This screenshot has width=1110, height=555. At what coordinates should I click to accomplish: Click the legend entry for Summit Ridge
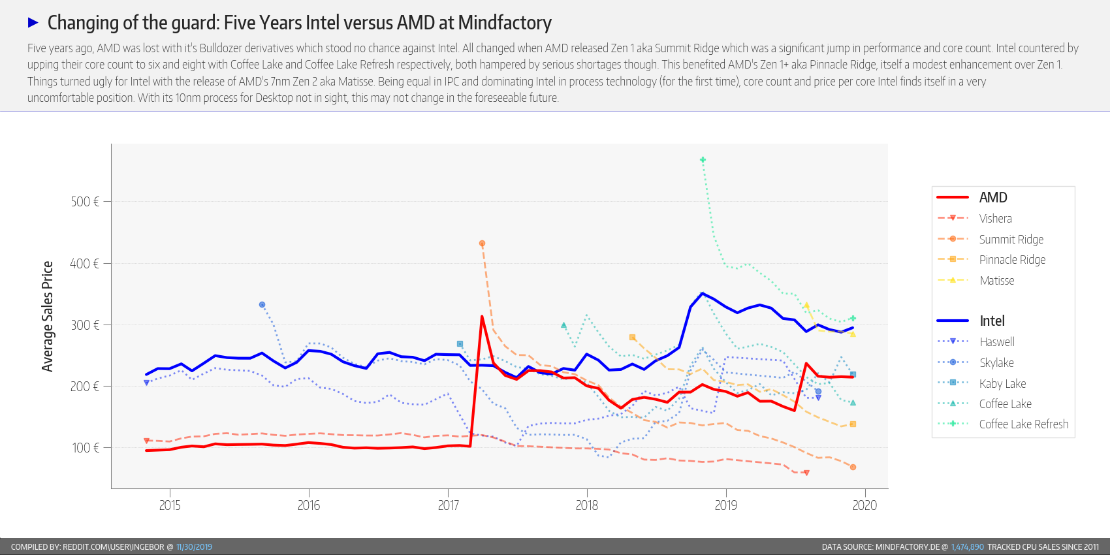point(1011,239)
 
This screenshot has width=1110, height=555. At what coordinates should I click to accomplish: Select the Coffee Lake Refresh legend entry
point(1023,424)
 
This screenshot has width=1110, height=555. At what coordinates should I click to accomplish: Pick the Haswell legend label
point(996,341)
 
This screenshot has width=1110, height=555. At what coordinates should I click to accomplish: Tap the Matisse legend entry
point(996,280)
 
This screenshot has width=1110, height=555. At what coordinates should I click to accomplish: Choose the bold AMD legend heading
point(992,197)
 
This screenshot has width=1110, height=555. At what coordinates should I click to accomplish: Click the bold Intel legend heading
point(992,321)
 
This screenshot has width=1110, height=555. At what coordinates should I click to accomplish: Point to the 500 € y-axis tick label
point(85,202)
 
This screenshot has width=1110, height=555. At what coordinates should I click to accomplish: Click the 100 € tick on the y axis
point(86,448)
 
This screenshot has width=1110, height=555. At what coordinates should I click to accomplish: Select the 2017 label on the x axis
point(448,505)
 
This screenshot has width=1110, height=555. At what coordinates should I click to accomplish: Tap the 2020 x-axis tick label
point(864,505)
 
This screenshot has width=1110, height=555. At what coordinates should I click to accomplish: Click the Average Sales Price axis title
point(47,317)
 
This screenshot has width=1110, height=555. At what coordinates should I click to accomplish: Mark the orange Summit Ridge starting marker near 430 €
point(482,244)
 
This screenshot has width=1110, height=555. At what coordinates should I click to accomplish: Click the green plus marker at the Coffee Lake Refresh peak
point(703,160)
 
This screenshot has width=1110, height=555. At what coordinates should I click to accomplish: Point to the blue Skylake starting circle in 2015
point(262,305)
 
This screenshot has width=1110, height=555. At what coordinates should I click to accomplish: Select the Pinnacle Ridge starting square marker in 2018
point(632,338)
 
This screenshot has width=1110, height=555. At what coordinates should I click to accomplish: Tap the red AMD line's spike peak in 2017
point(482,317)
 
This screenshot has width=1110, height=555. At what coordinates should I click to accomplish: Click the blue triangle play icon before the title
point(33,23)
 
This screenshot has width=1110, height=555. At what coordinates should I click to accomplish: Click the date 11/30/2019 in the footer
point(194,547)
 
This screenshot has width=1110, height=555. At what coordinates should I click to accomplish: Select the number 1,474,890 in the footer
point(967,547)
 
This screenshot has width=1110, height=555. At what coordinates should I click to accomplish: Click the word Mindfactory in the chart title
point(505,23)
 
